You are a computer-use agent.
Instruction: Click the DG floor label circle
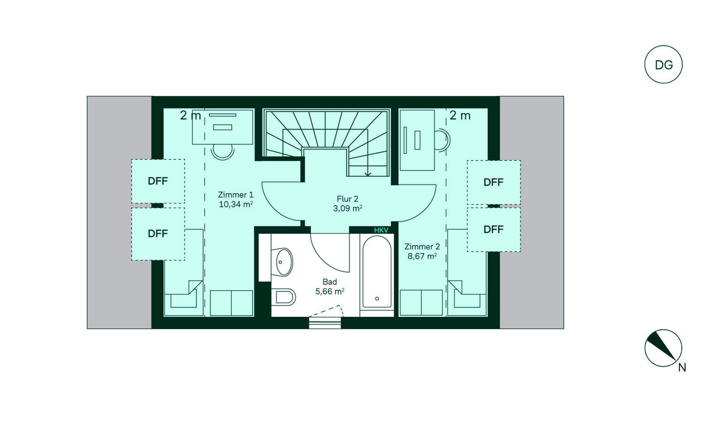point(663,46)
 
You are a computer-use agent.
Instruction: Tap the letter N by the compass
point(682,368)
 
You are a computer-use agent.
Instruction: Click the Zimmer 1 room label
point(235,195)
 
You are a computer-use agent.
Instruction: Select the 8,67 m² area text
point(422,256)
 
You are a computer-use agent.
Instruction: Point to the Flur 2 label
point(348,199)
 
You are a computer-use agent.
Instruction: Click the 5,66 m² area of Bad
point(330,291)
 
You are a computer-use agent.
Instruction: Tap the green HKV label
point(381,230)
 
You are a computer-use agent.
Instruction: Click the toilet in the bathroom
point(285,296)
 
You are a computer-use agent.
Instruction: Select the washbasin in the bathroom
point(283,262)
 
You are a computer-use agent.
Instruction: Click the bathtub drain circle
point(377,299)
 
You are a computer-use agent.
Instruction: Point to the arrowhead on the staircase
point(368,174)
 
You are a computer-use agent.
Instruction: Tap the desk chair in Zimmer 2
point(442,140)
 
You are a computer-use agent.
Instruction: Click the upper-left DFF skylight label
point(158,181)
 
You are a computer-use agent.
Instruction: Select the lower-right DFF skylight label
point(494,229)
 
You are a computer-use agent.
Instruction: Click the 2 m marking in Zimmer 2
point(460,115)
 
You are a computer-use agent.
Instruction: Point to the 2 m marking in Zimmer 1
point(190,115)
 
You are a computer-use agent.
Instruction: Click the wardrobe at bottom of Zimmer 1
point(231,303)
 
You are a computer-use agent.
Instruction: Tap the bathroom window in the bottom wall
point(325,323)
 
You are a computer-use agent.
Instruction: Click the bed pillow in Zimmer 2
point(467,300)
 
